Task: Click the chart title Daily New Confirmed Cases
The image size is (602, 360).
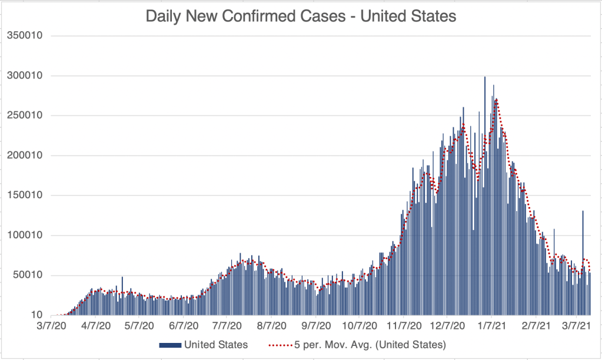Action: [301, 16]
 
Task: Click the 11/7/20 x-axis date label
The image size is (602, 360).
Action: [404, 325]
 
